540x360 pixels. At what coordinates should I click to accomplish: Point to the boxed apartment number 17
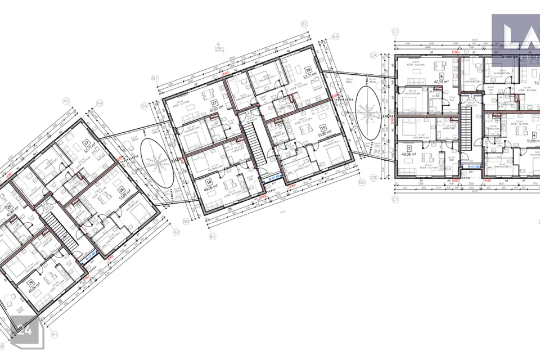click(214, 103)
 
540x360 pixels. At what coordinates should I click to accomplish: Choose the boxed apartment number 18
click(209, 183)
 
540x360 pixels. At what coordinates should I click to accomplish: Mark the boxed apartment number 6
click(442, 75)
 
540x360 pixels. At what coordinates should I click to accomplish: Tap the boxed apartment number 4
click(533, 135)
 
